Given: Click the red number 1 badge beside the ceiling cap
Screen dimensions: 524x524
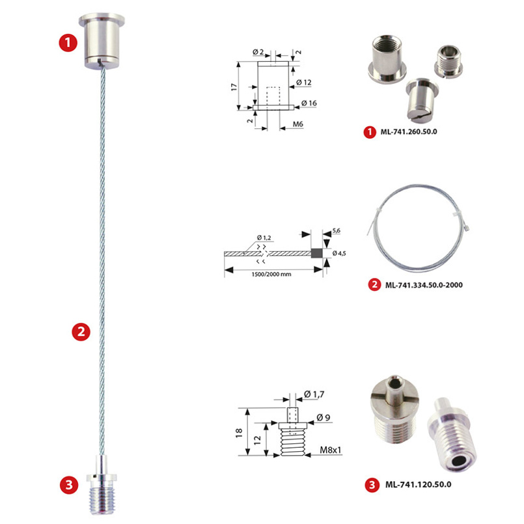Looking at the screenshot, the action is click(68, 43).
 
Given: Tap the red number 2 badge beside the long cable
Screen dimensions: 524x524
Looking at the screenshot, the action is click(81, 331).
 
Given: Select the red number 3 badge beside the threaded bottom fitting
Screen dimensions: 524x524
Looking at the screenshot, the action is click(69, 485).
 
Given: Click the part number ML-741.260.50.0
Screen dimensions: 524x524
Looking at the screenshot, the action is click(409, 131).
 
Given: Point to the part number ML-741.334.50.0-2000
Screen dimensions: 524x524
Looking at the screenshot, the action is click(424, 285).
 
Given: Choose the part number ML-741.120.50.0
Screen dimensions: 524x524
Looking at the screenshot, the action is click(419, 484).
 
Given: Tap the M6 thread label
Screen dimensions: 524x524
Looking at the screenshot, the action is click(297, 124).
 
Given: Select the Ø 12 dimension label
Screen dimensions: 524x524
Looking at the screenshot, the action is click(303, 82).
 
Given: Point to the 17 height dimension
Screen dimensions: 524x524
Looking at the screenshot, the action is click(234, 87).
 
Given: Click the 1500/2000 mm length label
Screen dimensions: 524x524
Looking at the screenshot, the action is click(271, 274).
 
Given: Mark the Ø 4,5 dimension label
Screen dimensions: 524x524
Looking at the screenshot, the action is click(339, 253).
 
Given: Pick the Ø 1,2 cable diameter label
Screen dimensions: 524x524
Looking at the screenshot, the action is click(264, 238).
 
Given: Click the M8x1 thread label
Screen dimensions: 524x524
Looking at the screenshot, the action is click(331, 450).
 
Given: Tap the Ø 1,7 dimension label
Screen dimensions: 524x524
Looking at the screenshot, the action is click(314, 394).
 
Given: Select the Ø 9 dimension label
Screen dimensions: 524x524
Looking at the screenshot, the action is click(323, 417).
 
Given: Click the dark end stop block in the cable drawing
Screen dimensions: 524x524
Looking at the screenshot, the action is click(317, 253).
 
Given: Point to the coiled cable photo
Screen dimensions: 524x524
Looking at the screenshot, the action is click(418, 228).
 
